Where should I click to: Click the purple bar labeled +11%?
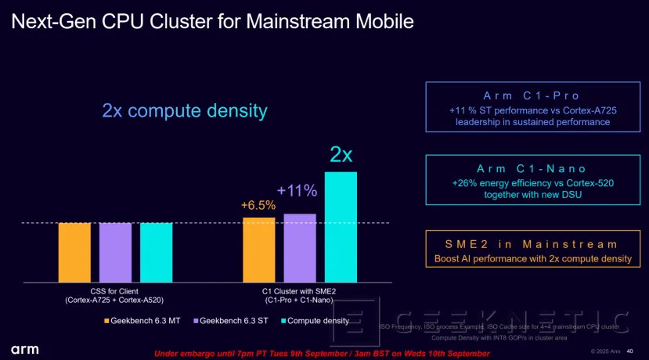[300, 247]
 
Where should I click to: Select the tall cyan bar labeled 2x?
[341, 226]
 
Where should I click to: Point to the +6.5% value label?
[258, 206]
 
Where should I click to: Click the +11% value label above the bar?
[297, 190]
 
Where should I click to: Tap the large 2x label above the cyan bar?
[341, 154]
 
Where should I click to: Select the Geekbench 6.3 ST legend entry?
[233, 321]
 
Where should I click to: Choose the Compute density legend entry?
[314, 321]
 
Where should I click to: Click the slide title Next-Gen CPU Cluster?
[211, 20]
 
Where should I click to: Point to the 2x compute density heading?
[185, 110]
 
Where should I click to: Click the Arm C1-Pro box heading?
[527, 95]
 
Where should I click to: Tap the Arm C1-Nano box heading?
[527, 169]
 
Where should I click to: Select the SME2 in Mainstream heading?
[527, 244]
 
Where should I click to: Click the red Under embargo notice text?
[322, 354]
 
